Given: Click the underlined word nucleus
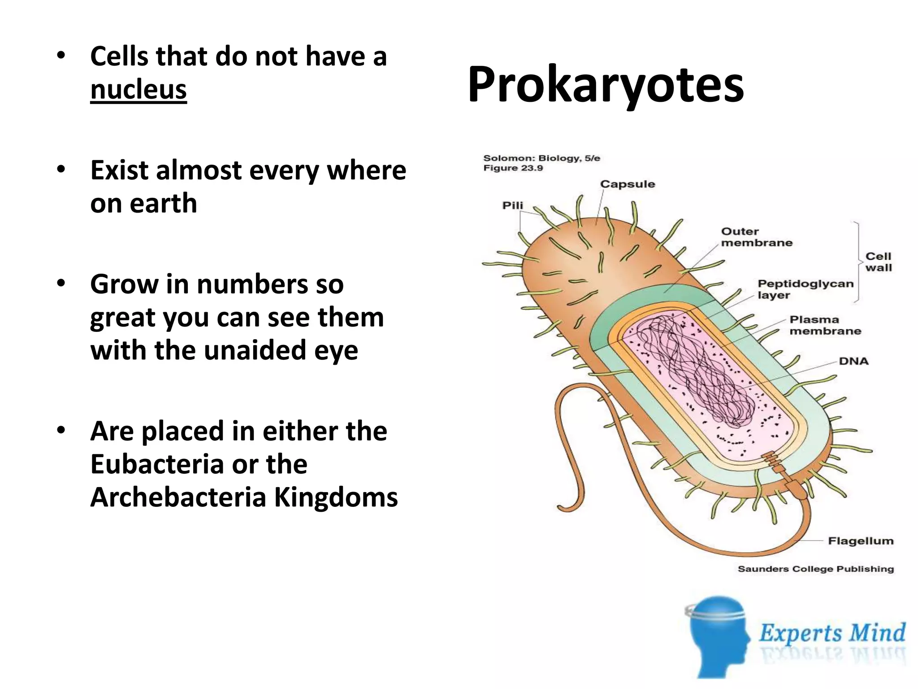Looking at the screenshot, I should (138, 89).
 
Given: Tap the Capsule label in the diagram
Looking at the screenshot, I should (627, 184).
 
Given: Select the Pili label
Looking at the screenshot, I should (512, 205).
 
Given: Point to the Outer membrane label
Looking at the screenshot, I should (756, 237).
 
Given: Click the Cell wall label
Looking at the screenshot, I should (878, 262).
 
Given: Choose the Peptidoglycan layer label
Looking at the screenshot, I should (805, 289).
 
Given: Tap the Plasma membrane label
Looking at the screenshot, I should (825, 325).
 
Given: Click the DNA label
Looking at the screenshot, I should (853, 361).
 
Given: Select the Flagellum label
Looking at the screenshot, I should (860, 541).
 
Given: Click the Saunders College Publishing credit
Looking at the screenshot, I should (815, 569).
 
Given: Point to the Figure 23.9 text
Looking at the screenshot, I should (513, 168).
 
